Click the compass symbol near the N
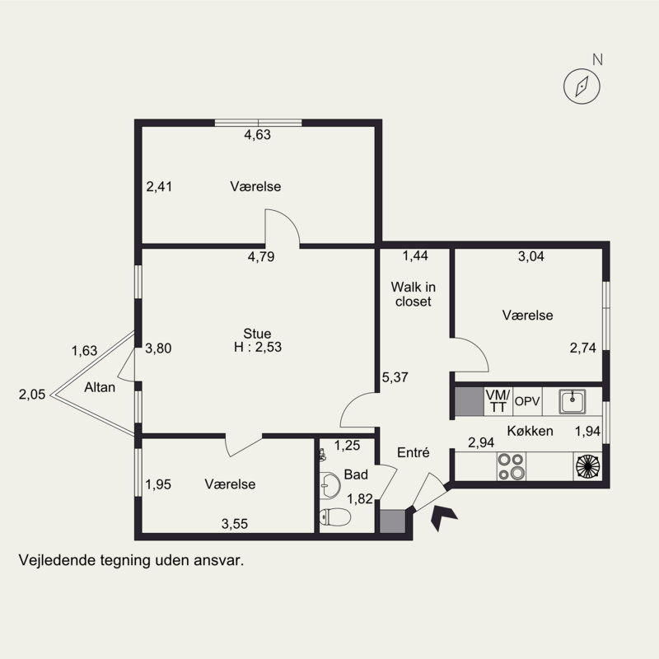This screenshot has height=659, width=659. (582, 86)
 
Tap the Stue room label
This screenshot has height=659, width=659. (257, 334)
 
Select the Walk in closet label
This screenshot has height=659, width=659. (414, 294)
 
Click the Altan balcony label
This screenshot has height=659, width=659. (100, 387)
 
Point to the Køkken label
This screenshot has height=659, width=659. (530, 431)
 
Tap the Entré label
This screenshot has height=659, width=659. (414, 452)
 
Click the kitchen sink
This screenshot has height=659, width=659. (572, 401)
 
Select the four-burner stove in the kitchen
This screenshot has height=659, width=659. (511, 466)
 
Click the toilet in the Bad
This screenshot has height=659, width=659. (335, 516)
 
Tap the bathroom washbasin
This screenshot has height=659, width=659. (330, 485)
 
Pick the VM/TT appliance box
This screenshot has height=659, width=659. (498, 401)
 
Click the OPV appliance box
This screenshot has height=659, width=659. (527, 401)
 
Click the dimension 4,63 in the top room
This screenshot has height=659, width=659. (257, 134)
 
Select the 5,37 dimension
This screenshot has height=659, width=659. (395, 377)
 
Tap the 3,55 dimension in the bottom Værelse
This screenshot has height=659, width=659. (235, 524)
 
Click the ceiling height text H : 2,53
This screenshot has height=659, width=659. (258, 347)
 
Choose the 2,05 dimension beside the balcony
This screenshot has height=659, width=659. (32, 395)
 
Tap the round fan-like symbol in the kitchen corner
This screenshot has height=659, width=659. (588, 466)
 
